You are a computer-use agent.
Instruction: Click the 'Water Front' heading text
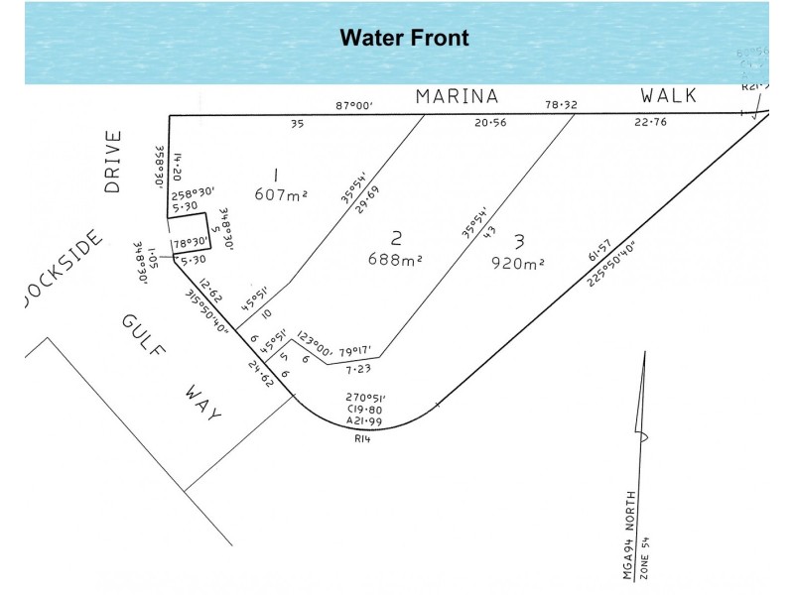[x=404, y=39]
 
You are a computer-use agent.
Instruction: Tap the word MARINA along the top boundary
[x=457, y=97]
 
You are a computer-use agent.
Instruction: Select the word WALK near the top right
[x=668, y=96]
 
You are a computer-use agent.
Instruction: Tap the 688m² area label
[x=395, y=261]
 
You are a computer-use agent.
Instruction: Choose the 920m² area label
[x=518, y=263]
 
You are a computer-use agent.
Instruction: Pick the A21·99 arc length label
[x=365, y=421]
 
